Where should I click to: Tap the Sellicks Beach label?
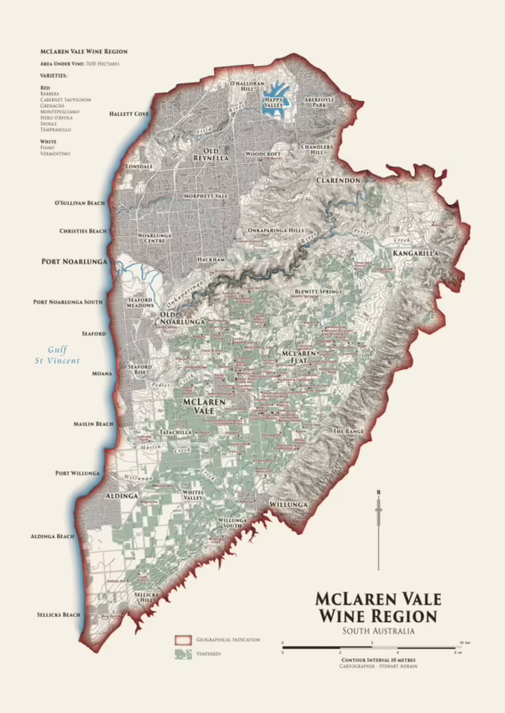[x=59, y=615]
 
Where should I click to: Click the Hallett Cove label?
[x=130, y=114]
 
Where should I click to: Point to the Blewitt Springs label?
[x=319, y=291]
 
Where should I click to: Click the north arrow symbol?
[x=379, y=526]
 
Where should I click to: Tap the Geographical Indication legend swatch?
[x=183, y=640]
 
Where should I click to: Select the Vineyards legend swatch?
[x=183, y=655]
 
